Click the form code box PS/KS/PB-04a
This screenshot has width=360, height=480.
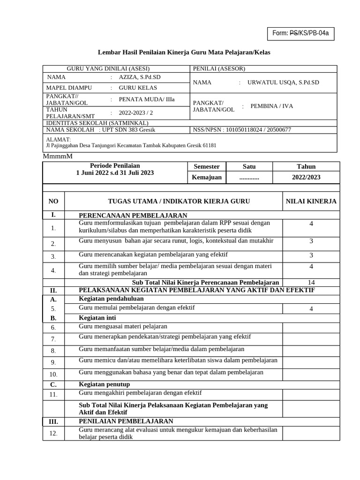click(x=300, y=33)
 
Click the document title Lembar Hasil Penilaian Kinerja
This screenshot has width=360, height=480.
click(x=184, y=52)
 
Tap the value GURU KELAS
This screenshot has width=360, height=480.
click(x=138, y=88)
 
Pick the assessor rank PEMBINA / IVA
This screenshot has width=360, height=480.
click(x=271, y=106)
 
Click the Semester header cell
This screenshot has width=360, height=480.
click(x=206, y=166)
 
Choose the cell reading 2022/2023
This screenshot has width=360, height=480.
click(x=306, y=178)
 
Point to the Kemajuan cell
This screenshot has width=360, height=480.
click(x=206, y=178)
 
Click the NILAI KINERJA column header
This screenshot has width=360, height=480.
click(x=311, y=202)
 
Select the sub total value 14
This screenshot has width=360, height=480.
click(x=311, y=282)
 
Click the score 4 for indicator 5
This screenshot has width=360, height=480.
click(x=311, y=308)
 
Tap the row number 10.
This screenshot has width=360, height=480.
click(x=53, y=374)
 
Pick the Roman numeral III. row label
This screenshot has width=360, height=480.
click(x=53, y=422)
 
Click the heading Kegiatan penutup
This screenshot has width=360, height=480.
click(x=105, y=384)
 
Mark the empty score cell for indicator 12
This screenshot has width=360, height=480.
click(x=311, y=434)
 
